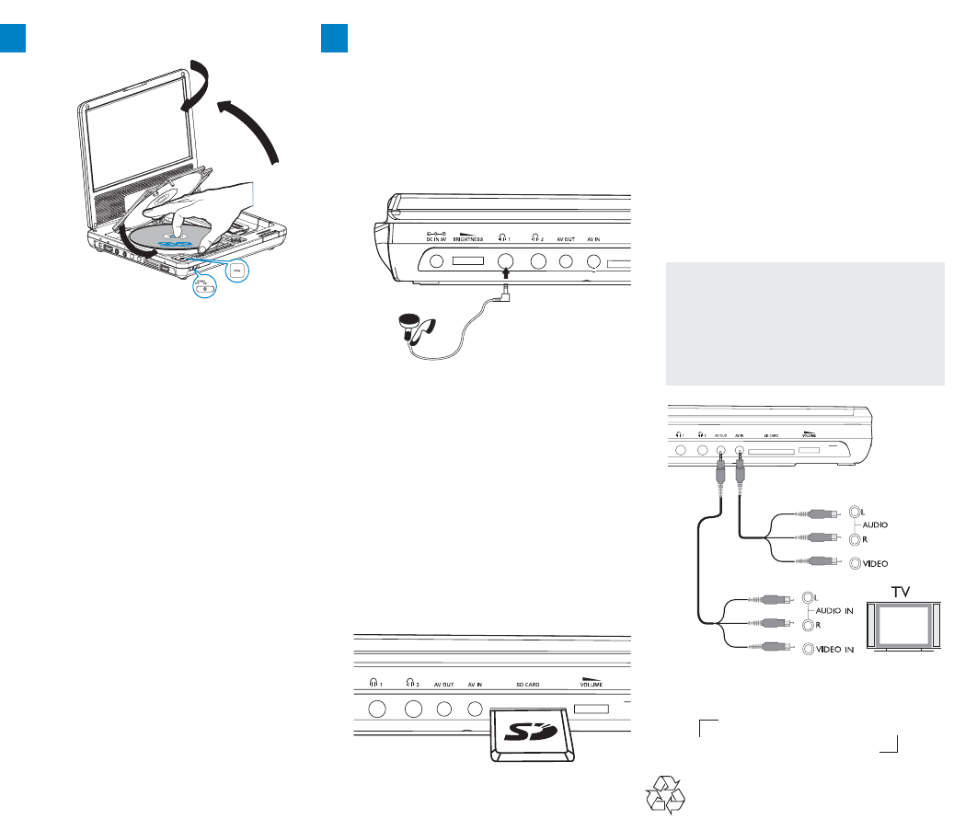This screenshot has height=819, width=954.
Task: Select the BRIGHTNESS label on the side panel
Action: (469, 237)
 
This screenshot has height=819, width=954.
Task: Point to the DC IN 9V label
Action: (431, 237)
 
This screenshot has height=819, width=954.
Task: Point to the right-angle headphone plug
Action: (502, 295)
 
